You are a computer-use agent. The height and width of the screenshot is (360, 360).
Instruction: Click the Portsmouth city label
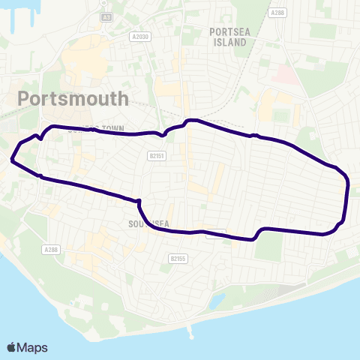pos(72,98)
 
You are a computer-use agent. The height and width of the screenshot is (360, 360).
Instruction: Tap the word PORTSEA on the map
pos(229,32)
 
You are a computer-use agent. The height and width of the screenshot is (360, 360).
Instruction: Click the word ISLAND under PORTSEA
pos(229,43)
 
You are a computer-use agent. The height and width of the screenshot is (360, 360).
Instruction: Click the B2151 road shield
pos(156,156)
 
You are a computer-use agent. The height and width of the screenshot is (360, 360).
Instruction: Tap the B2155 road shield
pos(177,258)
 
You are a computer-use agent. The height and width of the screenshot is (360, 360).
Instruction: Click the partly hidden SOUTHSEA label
pos(142,223)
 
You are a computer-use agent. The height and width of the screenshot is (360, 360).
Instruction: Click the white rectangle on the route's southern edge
pos(216,233)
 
